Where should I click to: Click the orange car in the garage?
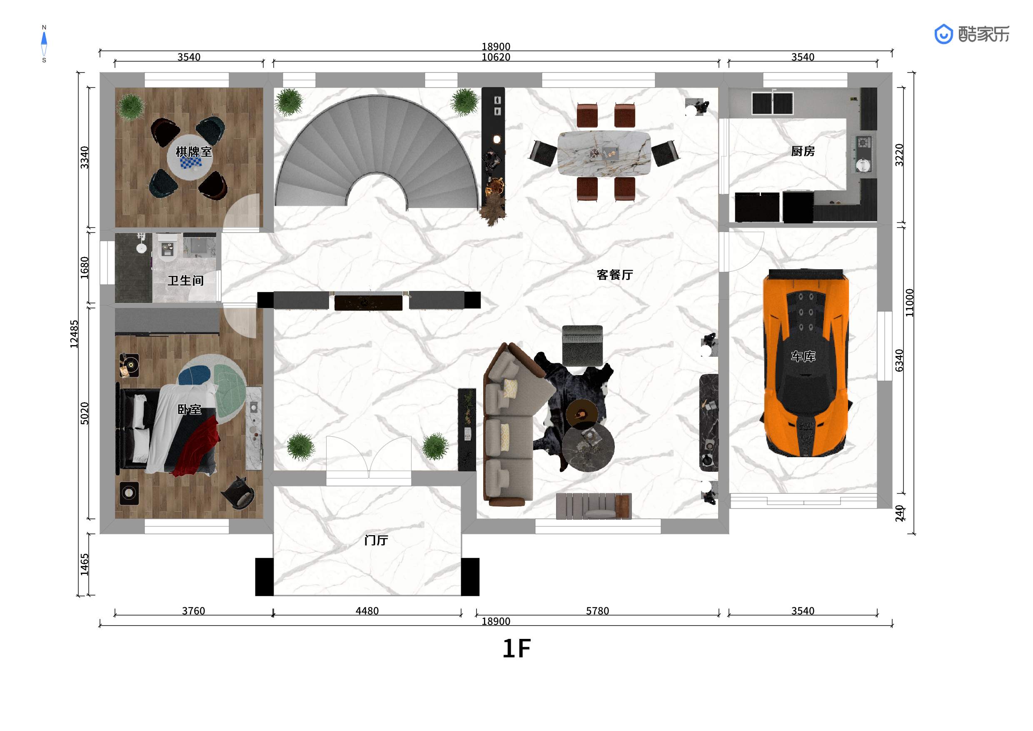(806, 363)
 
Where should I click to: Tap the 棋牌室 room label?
(193, 152)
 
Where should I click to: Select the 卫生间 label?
(185, 281)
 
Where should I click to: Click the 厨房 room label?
(803, 151)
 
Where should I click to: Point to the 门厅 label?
(376, 540)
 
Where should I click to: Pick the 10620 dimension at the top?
(496, 57)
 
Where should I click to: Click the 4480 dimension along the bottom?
(367, 611)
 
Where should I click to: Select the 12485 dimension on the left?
(74, 334)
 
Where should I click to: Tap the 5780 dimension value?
(597, 611)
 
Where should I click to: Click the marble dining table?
(604, 153)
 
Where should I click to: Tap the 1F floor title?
(516, 648)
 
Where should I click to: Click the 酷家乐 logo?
(972, 34)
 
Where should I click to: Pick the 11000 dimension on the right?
(910, 303)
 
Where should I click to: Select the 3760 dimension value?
(193, 611)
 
